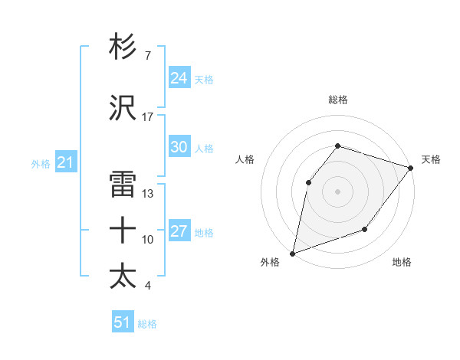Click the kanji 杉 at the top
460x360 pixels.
123,47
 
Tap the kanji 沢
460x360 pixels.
123,108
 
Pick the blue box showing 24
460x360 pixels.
179,78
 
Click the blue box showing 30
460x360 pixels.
179,148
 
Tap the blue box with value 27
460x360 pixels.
179,232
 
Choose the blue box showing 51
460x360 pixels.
123,322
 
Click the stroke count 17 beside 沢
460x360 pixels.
147,117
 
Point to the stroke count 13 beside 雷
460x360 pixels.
147,194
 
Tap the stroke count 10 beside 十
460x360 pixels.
147,240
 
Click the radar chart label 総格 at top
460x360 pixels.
337,100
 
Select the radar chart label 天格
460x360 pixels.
431,159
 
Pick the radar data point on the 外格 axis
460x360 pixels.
292,253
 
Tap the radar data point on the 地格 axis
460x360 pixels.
365,229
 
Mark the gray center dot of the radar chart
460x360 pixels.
337,191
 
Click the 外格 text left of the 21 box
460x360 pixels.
41,163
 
